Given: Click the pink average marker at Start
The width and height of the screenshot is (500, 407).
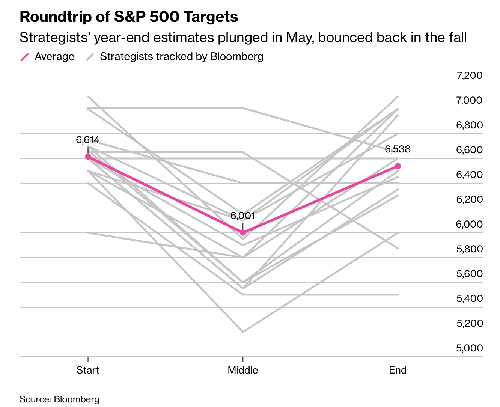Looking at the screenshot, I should point(88,157).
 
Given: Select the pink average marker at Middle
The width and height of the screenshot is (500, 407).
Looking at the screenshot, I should point(243,232).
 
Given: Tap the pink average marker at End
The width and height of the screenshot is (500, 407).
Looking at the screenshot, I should point(398,166).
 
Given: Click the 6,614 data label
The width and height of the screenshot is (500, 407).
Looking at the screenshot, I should point(88,140).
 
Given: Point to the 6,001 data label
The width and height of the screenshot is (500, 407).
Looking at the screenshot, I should point(243,216).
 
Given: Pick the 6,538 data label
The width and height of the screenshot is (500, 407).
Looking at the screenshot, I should point(398,149).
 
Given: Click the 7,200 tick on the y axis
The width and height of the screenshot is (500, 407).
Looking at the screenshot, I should point(469,75).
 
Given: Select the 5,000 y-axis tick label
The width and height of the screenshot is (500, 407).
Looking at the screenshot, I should point(469,348).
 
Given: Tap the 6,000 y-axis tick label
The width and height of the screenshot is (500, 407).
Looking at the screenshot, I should point(469,224).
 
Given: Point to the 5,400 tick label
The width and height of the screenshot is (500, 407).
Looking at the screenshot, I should point(469,298).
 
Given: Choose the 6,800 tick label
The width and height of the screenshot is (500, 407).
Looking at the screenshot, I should point(469,125).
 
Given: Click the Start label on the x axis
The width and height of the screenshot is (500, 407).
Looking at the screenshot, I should point(88,370).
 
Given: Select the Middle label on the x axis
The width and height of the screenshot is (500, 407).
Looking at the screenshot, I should point(243,370).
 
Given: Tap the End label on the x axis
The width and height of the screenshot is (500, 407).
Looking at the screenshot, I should point(398,370).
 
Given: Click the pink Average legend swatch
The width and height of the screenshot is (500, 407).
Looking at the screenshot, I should point(24,57).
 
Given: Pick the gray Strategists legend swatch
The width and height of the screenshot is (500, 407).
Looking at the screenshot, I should point(90,57).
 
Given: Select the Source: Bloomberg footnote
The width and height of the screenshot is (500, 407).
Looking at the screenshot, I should point(59,399).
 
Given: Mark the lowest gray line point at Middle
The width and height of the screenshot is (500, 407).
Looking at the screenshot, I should point(243,332).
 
